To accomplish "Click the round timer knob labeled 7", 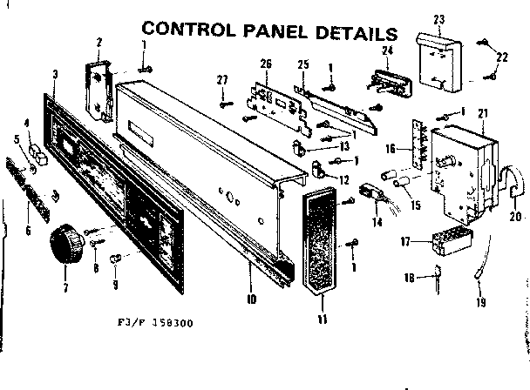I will coord(65,243).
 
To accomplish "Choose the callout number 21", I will coord(481,115).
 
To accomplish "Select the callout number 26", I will coord(266,63).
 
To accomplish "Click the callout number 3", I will coord(55,74).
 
